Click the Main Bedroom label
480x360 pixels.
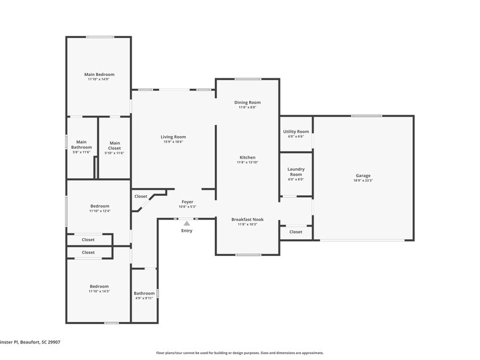[99, 75]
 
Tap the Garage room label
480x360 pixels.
[363, 176]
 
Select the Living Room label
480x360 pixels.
[173, 137]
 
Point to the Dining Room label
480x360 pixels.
[247, 102]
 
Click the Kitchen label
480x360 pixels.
[247, 157]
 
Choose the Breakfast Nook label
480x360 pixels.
[247, 219]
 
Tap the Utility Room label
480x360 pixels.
[296, 132]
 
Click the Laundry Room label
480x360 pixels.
[296, 171]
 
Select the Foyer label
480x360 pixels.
[187, 201]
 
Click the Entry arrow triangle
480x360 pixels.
[187, 223]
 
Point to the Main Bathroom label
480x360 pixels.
[81, 145]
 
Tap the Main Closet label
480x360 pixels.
[114, 145]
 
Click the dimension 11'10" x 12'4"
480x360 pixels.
[99, 211]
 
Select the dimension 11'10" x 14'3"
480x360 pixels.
[99, 291]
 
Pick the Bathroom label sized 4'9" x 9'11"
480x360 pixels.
[144, 293]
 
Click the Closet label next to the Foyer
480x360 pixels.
[141, 197]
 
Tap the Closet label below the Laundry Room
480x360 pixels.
[296, 232]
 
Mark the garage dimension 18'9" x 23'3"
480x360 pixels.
[363, 181]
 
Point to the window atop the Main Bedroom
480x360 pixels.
[99, 37]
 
